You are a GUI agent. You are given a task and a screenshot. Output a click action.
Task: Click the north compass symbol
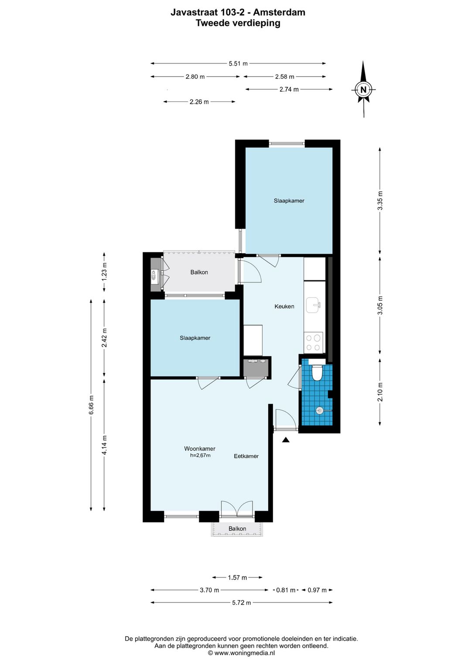363,90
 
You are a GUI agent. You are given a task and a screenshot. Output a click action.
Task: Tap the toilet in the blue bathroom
317,372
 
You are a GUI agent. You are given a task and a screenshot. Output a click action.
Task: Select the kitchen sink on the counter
314,305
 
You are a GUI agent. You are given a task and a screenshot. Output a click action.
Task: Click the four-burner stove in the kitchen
313,342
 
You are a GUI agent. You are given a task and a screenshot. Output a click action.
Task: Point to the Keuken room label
284,306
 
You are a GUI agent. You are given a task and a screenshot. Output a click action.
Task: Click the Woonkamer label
200,448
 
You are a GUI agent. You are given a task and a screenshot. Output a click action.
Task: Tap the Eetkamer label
246,456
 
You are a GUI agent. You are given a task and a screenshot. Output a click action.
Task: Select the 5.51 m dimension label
238,64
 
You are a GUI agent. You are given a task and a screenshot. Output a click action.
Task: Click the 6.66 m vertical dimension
91,404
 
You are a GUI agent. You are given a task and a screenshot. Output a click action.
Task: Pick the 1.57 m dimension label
237,577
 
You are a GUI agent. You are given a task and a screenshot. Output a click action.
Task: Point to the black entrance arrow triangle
286,440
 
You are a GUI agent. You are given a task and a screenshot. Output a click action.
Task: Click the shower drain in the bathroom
320,410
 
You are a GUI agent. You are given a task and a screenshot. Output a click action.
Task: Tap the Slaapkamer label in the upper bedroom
289,201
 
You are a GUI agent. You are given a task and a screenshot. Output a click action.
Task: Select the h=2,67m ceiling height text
200,455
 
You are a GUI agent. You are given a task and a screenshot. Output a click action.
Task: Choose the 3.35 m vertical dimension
380,200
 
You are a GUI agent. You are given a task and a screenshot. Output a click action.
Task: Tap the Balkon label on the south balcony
237,529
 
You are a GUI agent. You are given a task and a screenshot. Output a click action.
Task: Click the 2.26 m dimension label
199,102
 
